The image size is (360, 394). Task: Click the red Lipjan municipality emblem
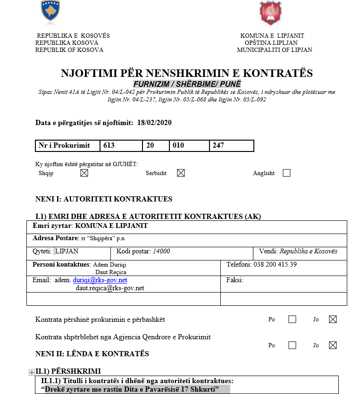tap(271, 13)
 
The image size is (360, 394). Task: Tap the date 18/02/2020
tap(154, 123)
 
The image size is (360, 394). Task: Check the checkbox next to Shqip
tap(84, 173)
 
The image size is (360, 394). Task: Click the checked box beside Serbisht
tap(181, 173)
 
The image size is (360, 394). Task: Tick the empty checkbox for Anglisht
tap(286, 173)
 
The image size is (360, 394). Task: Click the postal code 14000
tap(161, 251)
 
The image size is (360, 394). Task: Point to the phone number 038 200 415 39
tap(275, 264)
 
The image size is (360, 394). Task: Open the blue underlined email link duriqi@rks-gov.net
tap(100, 280)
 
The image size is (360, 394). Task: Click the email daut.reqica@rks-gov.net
tap(110, 288)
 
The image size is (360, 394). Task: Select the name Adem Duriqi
tap(109, 265)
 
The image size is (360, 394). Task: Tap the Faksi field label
tap(235, 280)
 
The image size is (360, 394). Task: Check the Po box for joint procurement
tap(292, 319)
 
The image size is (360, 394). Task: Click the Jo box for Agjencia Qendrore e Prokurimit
tap(333, 345)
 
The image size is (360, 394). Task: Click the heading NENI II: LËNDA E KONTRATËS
tap(92, 354)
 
